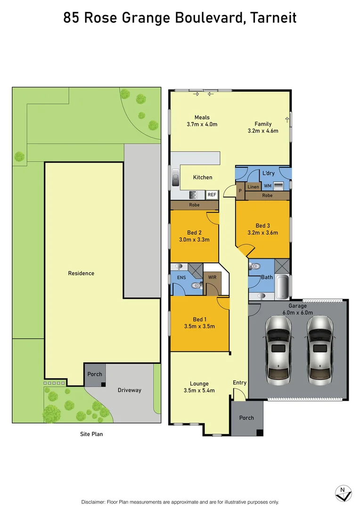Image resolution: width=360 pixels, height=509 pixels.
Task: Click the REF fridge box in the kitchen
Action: coord(212,194)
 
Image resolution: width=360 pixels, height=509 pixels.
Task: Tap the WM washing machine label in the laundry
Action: coord(268,186)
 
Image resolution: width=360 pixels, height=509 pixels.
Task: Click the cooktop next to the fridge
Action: coord(193,194)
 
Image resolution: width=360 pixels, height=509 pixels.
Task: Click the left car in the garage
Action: coord(278,349)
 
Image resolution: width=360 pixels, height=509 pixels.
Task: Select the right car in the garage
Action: coord(320,349)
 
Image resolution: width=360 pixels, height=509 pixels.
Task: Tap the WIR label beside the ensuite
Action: coord(212,277)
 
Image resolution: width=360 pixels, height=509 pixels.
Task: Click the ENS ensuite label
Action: coord(181,278)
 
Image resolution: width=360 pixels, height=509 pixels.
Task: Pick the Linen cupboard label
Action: coord(253,187)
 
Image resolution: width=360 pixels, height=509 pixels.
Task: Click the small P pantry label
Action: coord(240,190)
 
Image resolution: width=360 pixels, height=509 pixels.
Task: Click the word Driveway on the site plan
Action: coord(129,390)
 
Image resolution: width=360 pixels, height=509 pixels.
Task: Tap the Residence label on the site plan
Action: coord(81,273)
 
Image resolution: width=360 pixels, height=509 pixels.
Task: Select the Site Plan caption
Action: coord(91,434)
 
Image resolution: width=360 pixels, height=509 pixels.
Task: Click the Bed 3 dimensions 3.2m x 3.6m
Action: coord(263,232)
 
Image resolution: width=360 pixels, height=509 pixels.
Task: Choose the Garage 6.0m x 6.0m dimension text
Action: coord(298,312)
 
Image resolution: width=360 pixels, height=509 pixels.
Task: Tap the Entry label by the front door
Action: coord(239,383)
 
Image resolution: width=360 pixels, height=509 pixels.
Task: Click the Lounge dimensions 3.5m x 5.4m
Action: coord(199,390)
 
